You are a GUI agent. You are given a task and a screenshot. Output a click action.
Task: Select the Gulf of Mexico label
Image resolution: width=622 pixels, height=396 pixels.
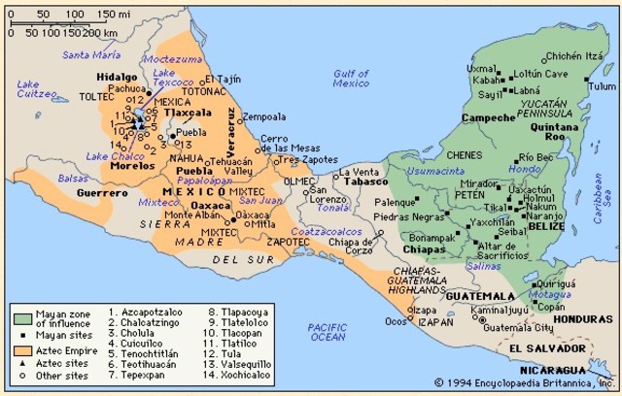[351, 78]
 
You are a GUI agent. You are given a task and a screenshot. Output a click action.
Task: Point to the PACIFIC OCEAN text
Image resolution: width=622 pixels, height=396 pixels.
[327, 331]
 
